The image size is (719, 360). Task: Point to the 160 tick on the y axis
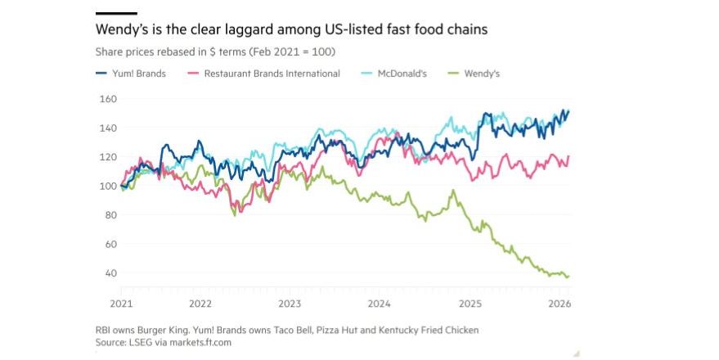(x=107, y=99)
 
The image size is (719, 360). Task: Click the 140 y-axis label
(x=107, y=128)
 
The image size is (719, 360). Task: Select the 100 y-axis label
(x=107, y=186)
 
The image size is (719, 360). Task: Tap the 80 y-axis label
(x=109, y=215)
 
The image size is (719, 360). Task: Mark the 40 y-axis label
(x=109, y=272)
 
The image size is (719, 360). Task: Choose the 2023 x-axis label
(x=290, y=303)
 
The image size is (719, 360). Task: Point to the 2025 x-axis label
(x=471, y=303)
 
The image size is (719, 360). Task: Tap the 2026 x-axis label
(x=559, y=303)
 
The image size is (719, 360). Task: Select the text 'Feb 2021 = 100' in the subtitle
(x=295, y=52)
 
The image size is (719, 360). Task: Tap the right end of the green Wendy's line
(x=568, y=277)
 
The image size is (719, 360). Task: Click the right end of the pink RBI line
(x=568, y=156)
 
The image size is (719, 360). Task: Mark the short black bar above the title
(x=116, y=13)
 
